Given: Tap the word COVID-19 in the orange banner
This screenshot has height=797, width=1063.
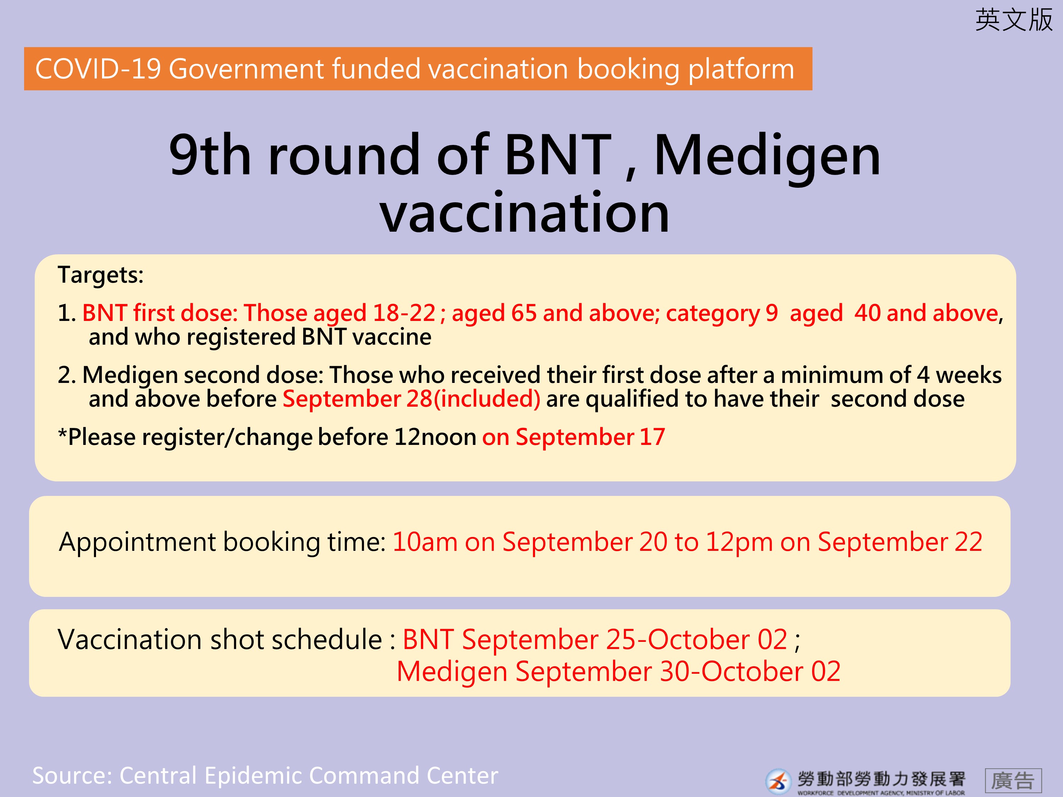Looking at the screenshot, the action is coord(98,69).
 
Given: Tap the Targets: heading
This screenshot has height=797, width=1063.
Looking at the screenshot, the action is coord(100,275).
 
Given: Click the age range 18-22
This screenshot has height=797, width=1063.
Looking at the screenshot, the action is coord(404,313).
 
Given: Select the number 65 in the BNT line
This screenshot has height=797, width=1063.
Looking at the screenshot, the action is coord(524,313).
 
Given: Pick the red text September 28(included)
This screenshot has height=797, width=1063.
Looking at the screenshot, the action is coord(411,399).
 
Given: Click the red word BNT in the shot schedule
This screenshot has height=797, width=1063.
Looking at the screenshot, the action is coord(428,640).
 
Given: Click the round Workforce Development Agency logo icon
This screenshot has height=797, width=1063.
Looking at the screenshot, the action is coord(778,781).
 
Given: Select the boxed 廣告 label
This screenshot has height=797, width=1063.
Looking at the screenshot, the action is coord(1013,781).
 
